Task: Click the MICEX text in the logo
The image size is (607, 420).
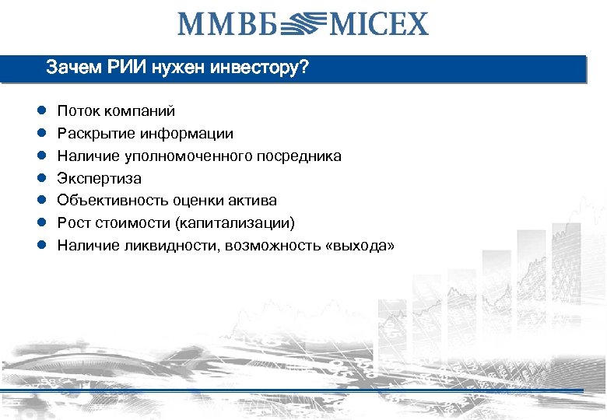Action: pos(380,23)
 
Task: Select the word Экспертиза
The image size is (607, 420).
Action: pos(100,179)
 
